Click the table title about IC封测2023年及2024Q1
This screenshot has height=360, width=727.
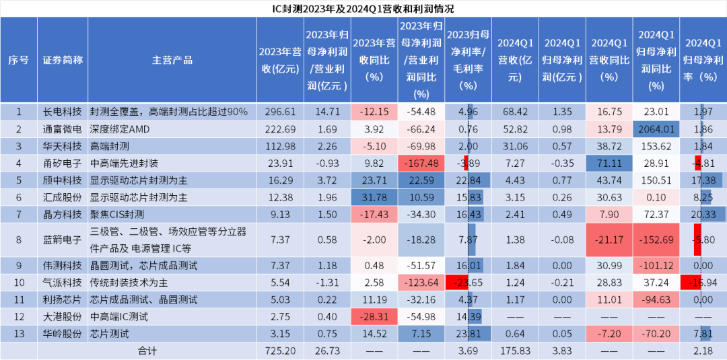coord(363,9)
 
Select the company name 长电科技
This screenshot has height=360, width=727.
coord(62,112)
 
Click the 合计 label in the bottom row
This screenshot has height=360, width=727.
coord(147,351)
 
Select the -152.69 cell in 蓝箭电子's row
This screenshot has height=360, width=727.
coord(656,240)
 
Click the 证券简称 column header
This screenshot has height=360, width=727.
coord(62,60)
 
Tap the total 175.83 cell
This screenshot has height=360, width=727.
coord(514,351)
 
